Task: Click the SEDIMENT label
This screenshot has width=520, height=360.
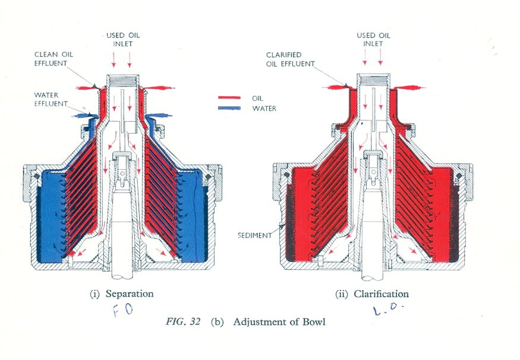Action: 254,235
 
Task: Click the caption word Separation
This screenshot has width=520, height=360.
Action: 130,293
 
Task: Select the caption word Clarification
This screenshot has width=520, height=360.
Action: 381,294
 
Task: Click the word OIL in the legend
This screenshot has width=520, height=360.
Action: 259,98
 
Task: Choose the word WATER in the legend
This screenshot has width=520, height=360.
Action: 264,108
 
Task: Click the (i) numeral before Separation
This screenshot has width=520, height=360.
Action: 94,294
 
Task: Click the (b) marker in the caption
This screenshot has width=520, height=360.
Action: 216,323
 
